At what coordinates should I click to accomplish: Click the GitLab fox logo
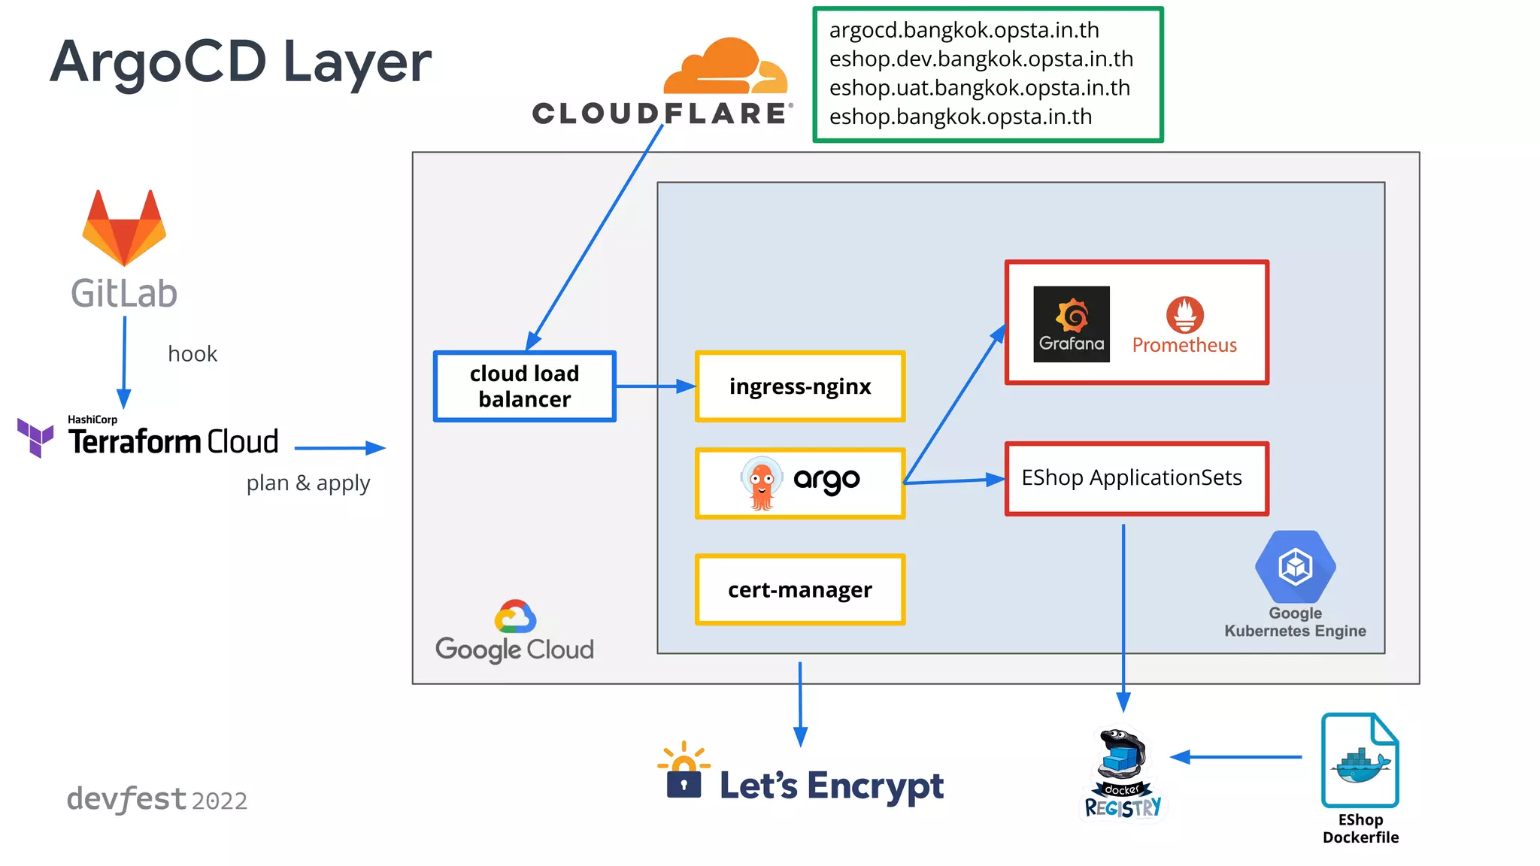tap(124, 229)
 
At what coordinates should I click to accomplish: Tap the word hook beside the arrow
tap(192, 354)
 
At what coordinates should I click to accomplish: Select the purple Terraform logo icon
tap(35, 438)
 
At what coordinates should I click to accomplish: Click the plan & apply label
tap(308, 483)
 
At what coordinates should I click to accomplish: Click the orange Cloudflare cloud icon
tap(725, 68)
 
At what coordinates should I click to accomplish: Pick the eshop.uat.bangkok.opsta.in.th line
tap(979, 88)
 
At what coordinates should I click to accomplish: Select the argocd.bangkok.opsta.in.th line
tap(963, 30)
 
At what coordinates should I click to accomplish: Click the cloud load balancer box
tap(524, 386)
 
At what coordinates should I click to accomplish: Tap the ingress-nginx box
tap(800, 386)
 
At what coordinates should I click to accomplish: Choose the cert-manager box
tap(800, 590)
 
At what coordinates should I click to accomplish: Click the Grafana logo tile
tap(1071, 324)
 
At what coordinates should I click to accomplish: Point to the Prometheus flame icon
tap(1184, 314)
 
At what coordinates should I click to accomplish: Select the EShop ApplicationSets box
tap(1136, 479)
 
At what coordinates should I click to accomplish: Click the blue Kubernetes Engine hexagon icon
tap(1295, 567)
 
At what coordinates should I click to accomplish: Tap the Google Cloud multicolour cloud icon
tap(515, 617)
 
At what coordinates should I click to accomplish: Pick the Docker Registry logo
tap(1123, 774)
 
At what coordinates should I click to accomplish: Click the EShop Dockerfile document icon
tap(1360, 761)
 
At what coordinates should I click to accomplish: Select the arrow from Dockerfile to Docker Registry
tap(1237, 757)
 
